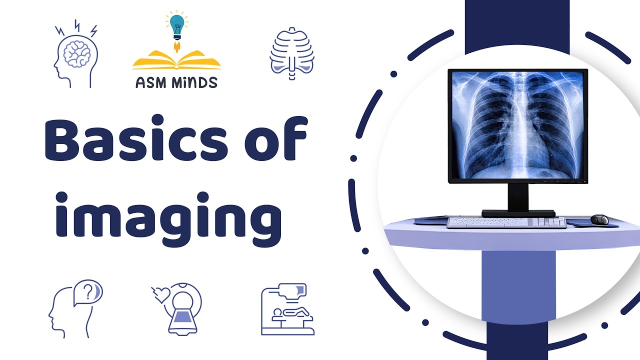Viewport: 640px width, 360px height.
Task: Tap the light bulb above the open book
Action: pyautogui.click(x=176, y=25)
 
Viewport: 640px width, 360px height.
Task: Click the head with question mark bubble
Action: pyautogui.click(x=75, y=308)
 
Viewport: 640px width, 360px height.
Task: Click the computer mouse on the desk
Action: pyautogui.click(x=599, y=219)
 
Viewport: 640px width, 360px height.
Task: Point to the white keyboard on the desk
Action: pyautogui.click(x=506, y=222)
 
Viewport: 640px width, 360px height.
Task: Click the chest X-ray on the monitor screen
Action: pyautogui.click(x=517, y=125)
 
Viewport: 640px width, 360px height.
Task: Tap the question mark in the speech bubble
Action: pyautogui.click(x=89, y=291)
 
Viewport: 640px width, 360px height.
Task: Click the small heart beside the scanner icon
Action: pyautogui.click(x=160, y=294)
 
